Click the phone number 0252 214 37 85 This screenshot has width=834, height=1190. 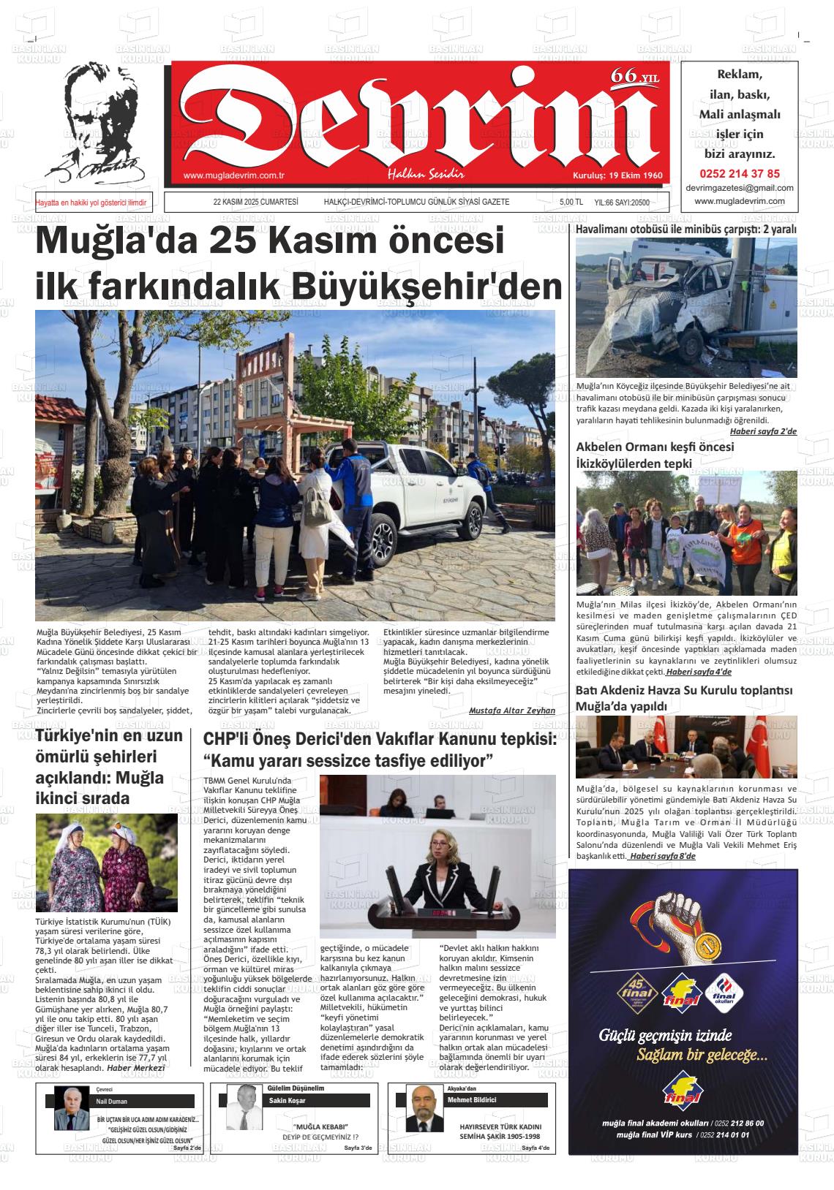pyautogui.click(x=740, y=174)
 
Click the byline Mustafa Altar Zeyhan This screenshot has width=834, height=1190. pyautogui.click(x=511, y=710)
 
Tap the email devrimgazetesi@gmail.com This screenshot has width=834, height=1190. pyautogui.click(x=740, y=188)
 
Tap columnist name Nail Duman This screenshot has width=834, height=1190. pyautogui.click(x=112, y=1102)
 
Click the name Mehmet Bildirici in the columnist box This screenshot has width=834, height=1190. pyautogui.click(x=472, y=1100)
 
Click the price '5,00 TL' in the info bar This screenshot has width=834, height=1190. pyautogui.click(x=571, y=202)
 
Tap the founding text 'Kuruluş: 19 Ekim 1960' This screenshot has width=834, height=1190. pyautogui.click(x=617, y=176)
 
